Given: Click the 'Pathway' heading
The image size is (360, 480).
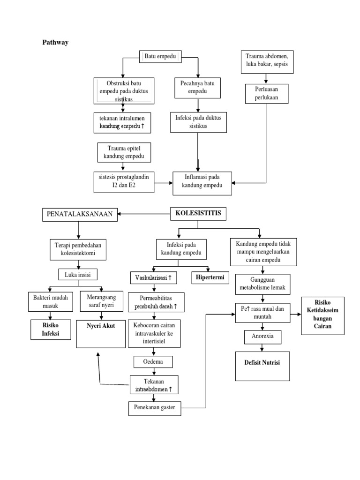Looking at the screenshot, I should coord(55,43).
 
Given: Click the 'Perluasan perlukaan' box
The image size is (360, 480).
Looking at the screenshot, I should coord(266,93).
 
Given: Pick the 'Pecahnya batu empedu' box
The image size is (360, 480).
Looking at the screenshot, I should coord(197,88).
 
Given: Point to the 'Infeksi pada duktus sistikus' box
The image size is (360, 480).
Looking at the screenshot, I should coord(197,122).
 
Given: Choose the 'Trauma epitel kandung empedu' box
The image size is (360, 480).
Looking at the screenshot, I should coord(123,152).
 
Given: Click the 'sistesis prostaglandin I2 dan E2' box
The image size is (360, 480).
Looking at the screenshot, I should coord(124,181).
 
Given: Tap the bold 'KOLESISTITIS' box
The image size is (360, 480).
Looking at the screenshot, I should coord(197,214).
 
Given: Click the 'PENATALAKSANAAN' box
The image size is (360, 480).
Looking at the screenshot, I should coord(79,215).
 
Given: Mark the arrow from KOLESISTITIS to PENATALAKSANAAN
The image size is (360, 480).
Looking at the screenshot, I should coord(143,215).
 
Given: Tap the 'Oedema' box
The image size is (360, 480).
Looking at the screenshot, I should coord(153,362).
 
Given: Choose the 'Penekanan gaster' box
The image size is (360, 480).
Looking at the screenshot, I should coord(154,408).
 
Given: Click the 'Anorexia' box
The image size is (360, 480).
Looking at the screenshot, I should coord(262,337).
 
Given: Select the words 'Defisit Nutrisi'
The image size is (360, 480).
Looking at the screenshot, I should coord(262,363).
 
